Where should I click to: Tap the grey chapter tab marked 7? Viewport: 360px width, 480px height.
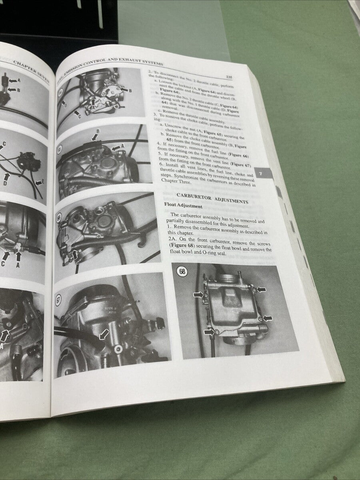pyautogui.click(x=260, y=174)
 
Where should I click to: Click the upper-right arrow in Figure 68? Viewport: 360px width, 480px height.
pyautogui.click(x=261, y=289)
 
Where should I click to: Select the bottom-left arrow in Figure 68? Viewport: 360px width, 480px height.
pyautogui.click(x=208, y=332)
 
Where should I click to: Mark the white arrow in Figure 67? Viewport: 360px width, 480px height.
pyautogui.click(x=104, y=333)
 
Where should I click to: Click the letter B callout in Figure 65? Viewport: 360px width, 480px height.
pyautogui.click(x=98, y=131)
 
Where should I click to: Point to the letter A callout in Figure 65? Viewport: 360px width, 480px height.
pyautogui.click(x=123, y=147)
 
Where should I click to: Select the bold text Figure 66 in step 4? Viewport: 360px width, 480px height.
pyautogui.click(x=240, y=156)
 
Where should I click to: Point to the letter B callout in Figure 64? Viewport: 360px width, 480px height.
pyautogui.click(x=130, y=90)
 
